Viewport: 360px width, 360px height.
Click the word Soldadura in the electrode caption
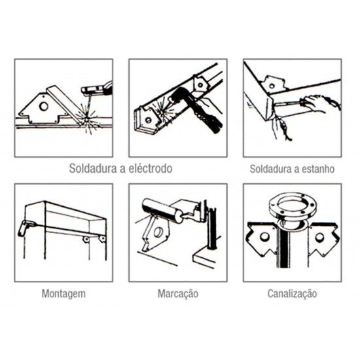[x=92, y=169]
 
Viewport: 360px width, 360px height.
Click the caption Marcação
[x=177, y=293]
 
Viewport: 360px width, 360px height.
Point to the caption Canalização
[x=292, y=293]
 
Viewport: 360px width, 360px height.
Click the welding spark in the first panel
[x=82, y=117]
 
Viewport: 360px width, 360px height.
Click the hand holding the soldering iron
[x=320, y=103]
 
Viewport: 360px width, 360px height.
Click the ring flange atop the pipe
[x=292, y=208]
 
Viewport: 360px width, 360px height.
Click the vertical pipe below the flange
[x=292, y=259]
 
